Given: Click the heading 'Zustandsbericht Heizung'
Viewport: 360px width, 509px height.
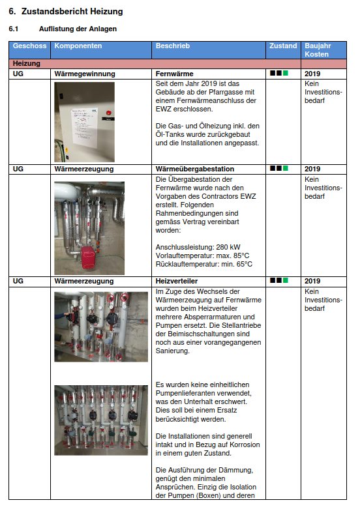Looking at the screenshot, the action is coord(72,11).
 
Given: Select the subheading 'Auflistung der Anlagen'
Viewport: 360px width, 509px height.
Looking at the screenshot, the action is coord(78,29).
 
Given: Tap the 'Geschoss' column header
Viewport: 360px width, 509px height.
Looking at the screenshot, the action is coord(29,46).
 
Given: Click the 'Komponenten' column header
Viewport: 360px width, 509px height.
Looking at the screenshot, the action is coord(78,46).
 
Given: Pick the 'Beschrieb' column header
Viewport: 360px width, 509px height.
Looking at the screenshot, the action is coord(173,46).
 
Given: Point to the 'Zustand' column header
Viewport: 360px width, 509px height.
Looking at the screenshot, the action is coord(283,46).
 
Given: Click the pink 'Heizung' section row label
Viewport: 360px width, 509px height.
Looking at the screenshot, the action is coord(27,63).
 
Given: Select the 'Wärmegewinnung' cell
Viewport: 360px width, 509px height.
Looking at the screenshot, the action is coord(85,74).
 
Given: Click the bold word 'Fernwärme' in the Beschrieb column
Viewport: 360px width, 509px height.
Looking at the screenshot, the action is coord(175,74).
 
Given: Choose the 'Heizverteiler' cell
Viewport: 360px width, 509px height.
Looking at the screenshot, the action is coord(177,281).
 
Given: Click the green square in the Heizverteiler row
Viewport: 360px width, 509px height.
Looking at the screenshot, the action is coord(285,280).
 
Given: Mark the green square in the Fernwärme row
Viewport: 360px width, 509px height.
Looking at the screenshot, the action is coord(285,73).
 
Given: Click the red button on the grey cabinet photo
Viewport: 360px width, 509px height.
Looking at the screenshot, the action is coord(108,113).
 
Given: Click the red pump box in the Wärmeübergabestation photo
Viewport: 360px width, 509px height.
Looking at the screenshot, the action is coord(89,257).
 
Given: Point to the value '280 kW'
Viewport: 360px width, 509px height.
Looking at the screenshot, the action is coord(228,247).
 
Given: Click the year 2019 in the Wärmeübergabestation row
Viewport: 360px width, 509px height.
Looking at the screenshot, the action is coord(312,169).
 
